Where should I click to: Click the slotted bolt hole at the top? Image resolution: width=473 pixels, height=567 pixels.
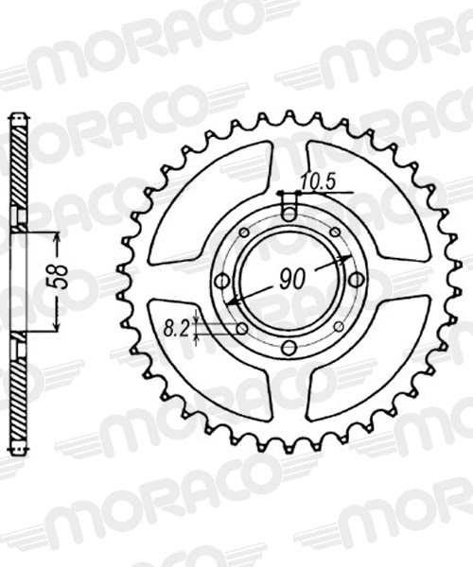tap(289, 212)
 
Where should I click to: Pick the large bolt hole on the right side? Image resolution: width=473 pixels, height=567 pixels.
tap(356, 280)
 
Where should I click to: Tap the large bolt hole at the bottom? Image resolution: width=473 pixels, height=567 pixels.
tap(289, 348)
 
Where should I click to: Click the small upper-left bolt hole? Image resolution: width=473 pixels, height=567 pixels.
tap(243, 233)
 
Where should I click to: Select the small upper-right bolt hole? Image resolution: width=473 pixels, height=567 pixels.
tap(336, 233)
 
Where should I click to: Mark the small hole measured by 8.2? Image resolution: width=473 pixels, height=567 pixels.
tap(242, 328)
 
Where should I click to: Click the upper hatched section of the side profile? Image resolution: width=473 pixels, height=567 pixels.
tap(17, 170)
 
